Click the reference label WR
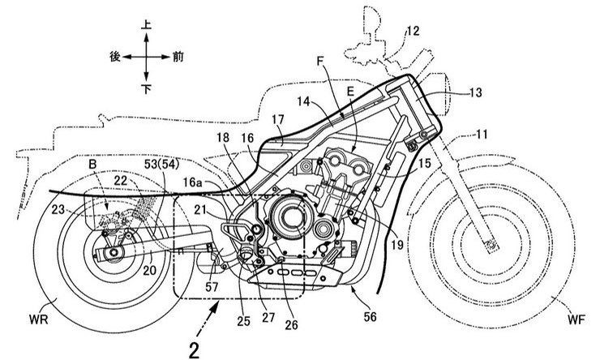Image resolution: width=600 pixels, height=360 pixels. (x=39, y=319)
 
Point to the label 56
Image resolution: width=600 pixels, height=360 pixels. (x=370, y=316)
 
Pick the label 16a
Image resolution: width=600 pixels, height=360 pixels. (x=195, y=182)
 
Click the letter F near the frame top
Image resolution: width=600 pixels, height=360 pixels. (x=321, y=60)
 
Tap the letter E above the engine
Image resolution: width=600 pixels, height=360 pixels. (x=350, y=91)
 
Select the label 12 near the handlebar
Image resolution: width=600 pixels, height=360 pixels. (x=413, y=31)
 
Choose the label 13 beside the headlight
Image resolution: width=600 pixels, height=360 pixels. (x=475, y=92)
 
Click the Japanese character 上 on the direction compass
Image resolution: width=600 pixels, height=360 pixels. (x=146, y=25)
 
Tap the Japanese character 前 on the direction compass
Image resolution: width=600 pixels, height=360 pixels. (x=178, y=57)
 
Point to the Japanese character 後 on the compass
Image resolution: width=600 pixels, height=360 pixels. (x=115, y=57)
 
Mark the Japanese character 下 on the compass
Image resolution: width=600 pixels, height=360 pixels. (x=147, y=89)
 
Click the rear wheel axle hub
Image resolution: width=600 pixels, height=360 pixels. (x=114, y=252)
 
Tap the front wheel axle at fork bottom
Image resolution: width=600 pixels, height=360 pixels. (x=491, y=244)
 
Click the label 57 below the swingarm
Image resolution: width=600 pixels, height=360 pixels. (x=212, y=286)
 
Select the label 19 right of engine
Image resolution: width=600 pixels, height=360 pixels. (x=397, y=244)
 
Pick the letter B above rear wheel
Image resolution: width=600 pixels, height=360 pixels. (x=92, y=165)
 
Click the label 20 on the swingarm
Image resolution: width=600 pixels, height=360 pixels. (x=150, y=270)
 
